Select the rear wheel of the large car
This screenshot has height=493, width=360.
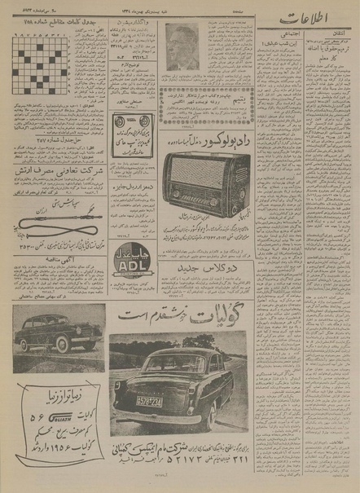point(187,412)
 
